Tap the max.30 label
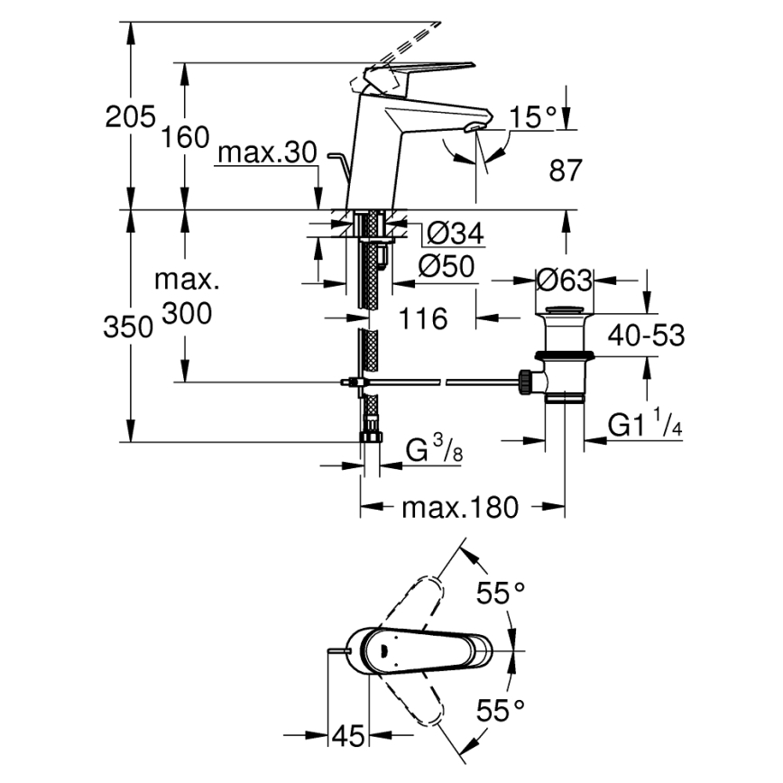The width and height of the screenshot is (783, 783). tap(267, 153)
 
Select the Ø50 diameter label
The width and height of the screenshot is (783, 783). tap(447, 266)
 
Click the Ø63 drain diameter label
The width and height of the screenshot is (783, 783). tap(564, 281)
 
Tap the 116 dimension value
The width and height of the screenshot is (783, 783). tap(423, 318)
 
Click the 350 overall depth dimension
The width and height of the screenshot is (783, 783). tap(125, 327)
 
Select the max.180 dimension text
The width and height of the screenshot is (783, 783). tap(460, 509)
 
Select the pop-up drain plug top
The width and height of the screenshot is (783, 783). tap(565, 313)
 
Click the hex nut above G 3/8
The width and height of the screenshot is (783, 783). tap(370, 438)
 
